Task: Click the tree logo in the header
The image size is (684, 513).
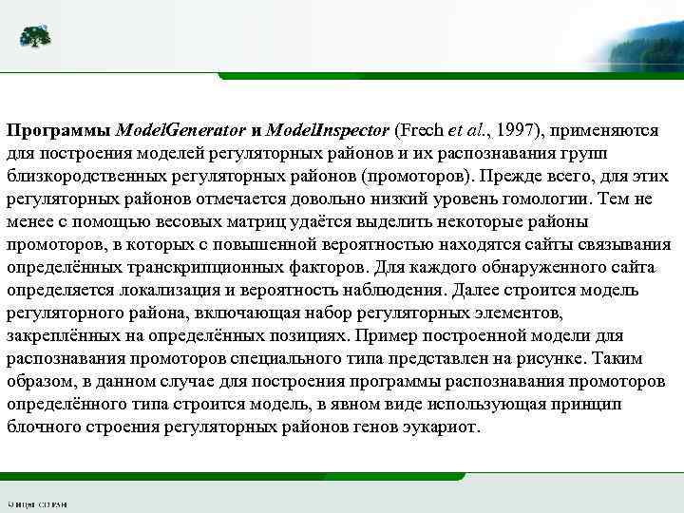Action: click(35, 38)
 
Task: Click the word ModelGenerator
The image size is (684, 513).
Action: click(181, 129)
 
